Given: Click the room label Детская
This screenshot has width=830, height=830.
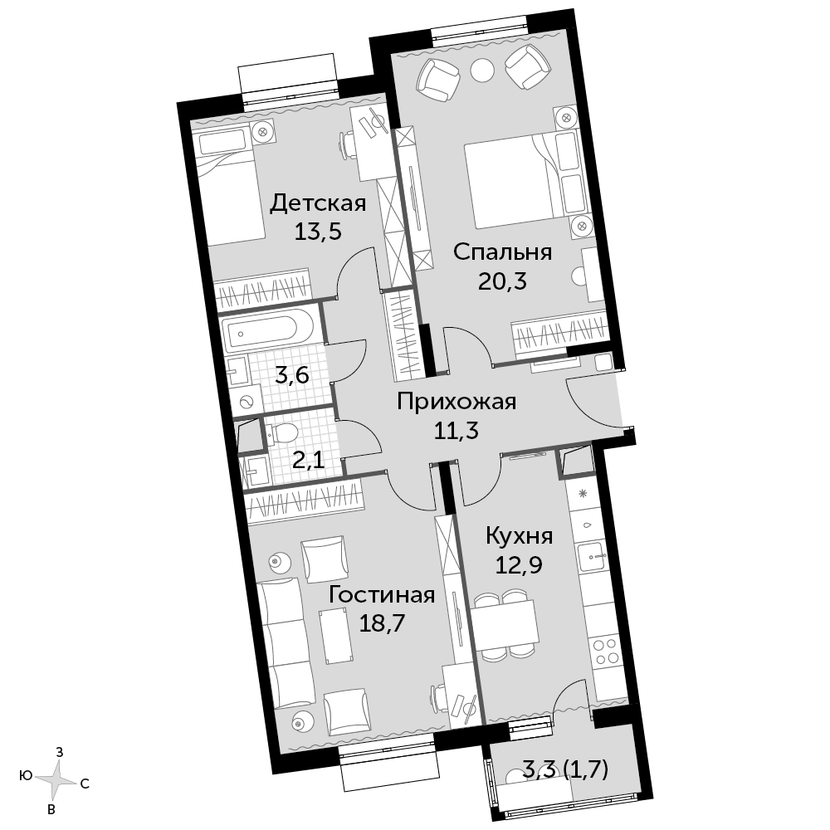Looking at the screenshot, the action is [x=318, y=203].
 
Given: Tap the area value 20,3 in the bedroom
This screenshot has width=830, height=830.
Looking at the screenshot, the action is [x=502, y=281].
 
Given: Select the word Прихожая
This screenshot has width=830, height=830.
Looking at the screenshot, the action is [x=456, y=402].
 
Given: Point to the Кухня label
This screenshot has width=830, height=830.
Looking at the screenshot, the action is [x=520, y=536].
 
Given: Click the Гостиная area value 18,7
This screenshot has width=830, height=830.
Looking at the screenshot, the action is [x=382, y=623].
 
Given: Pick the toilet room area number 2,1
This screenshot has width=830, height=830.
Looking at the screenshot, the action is [x=309, y=461].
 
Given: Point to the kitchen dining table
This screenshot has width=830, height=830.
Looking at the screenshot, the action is [x=505, y=625].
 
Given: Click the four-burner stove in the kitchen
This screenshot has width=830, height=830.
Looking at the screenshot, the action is [x=606, y=651].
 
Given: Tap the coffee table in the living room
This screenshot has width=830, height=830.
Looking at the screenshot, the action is [x=335, y=636].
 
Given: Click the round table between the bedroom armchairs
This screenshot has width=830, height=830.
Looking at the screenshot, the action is [x=482, y=69].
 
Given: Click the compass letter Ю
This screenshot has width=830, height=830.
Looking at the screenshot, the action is [x=26, y=776].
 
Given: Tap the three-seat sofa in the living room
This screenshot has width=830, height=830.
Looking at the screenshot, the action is [x=284, y=644].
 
